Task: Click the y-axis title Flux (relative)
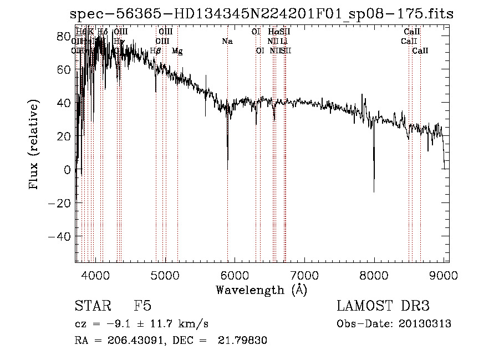click(34, 145)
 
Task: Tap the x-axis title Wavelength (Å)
click(261, 290)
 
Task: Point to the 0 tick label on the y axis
click(68, 170)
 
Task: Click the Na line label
click(227, 41)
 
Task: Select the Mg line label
click(177, 51)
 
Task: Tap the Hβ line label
click(156, 51)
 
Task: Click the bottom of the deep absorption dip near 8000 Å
click(374, 191)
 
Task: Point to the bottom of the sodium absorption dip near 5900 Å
click(227, 169)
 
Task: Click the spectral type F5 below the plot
click(142, 306)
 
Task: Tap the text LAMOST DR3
click(383, 306)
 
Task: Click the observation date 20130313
click(424, 324)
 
